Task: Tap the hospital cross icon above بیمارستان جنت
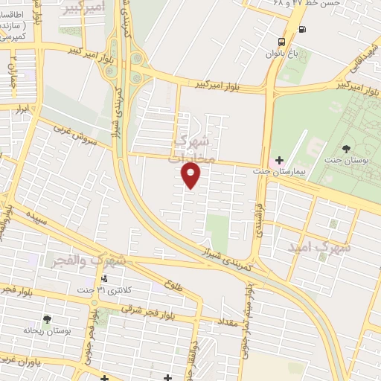click(x=279, y=160)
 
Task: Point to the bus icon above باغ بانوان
click(x=283, y=42)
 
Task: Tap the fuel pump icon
click(x=301, y=30)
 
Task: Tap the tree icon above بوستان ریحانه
click(x=48, y=319)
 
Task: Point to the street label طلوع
click(x=170, y=284)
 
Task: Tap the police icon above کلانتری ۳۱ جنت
click(x=103, y=279)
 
